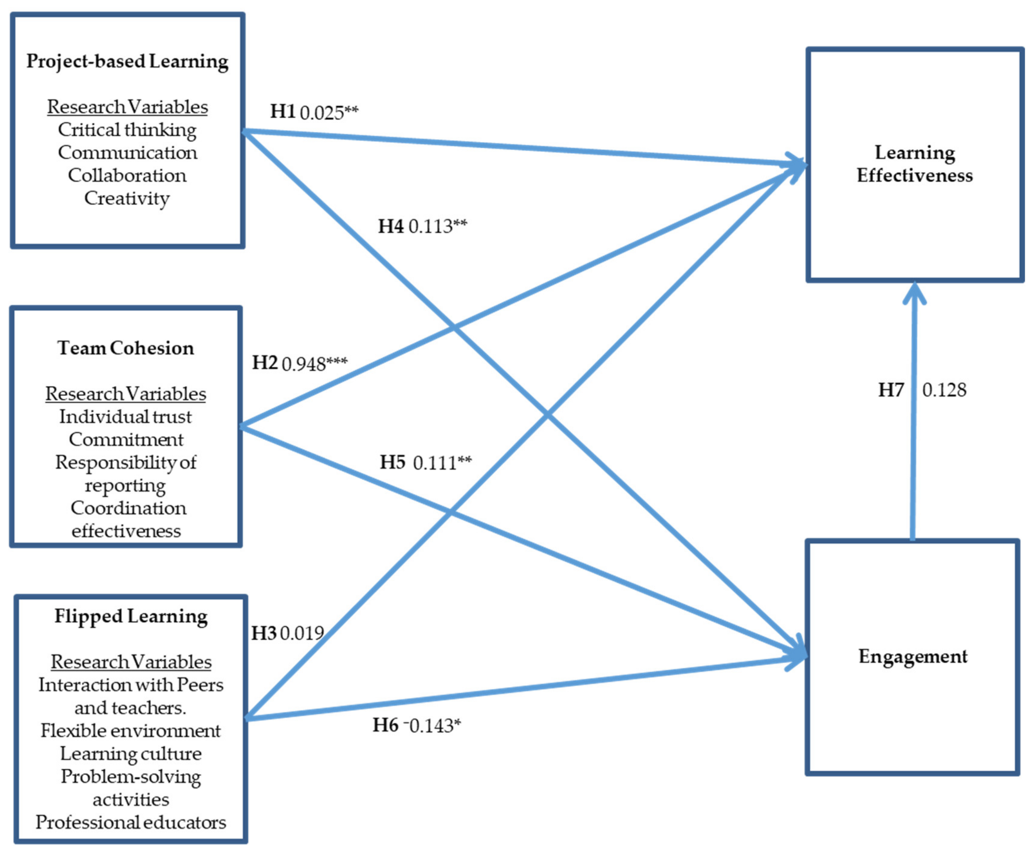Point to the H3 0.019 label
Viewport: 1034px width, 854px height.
[x=287, y=633]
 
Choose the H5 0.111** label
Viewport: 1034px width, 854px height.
[x=425, y=462]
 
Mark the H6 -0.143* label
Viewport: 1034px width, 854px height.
[x=416, y=725]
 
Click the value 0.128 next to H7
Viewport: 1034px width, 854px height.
[x=944, y=390]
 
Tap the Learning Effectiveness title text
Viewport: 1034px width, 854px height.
[x=915, y=164]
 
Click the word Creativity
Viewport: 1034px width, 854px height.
[x=127, y=198]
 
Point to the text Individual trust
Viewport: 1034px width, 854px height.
[x=125, y=417]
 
